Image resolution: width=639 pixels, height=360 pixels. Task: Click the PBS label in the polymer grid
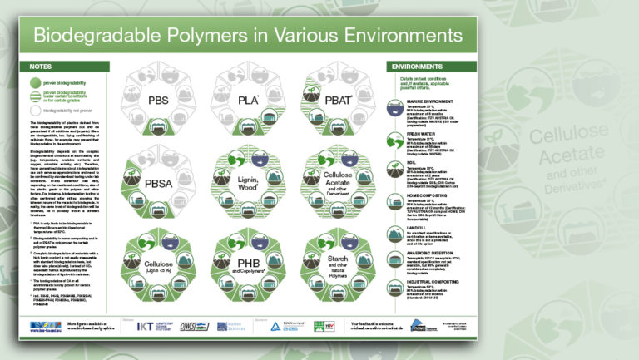point(159,101)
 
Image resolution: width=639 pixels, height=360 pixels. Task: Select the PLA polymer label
point(247,101)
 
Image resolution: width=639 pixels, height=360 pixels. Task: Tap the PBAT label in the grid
point(334,101)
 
